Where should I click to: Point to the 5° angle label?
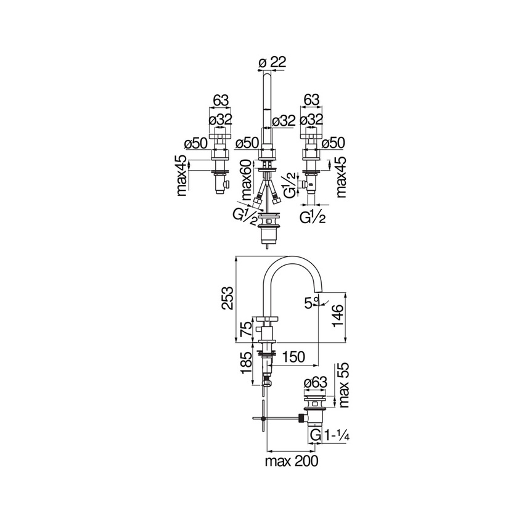pos(312,302)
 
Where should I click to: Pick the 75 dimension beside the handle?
pos(245,329)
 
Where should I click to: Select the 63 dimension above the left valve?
pos(222,99)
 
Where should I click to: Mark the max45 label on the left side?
pos(182,176)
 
